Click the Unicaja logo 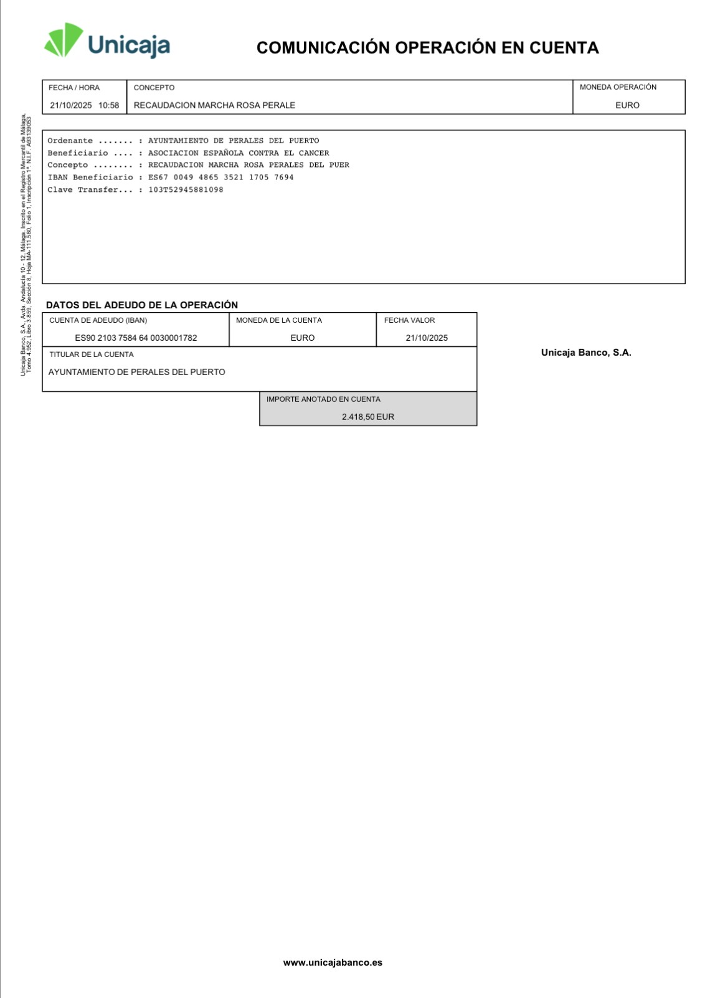(x=107, y=42)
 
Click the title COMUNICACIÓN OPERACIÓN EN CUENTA (x=427, y=48)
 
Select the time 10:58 (x=108, y=105)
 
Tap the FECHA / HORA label (x=74, y=88)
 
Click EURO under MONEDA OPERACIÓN (x=627, y=105)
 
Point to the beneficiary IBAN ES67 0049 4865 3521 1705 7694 (x=220, y=178)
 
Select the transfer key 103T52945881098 (x=186, y=190)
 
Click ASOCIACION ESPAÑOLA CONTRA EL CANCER (x=239, y=153)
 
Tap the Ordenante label (x=70, y=141)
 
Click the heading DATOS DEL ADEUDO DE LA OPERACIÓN (x=142, y=305)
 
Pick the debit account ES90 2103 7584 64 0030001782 (x=136, y=338)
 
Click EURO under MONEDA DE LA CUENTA (x=303, y=338)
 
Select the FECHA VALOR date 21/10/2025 (x=427, y=338)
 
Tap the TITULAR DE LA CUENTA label (x=92, y=354)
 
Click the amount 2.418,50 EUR (x=368, y=417)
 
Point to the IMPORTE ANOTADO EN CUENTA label (x=323, y=399)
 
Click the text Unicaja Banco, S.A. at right (x=586, y=353)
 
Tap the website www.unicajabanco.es (x=333, y=962)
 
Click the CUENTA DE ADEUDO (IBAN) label (x=98, y=320)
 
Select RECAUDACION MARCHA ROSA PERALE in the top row (x=214, y=105)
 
